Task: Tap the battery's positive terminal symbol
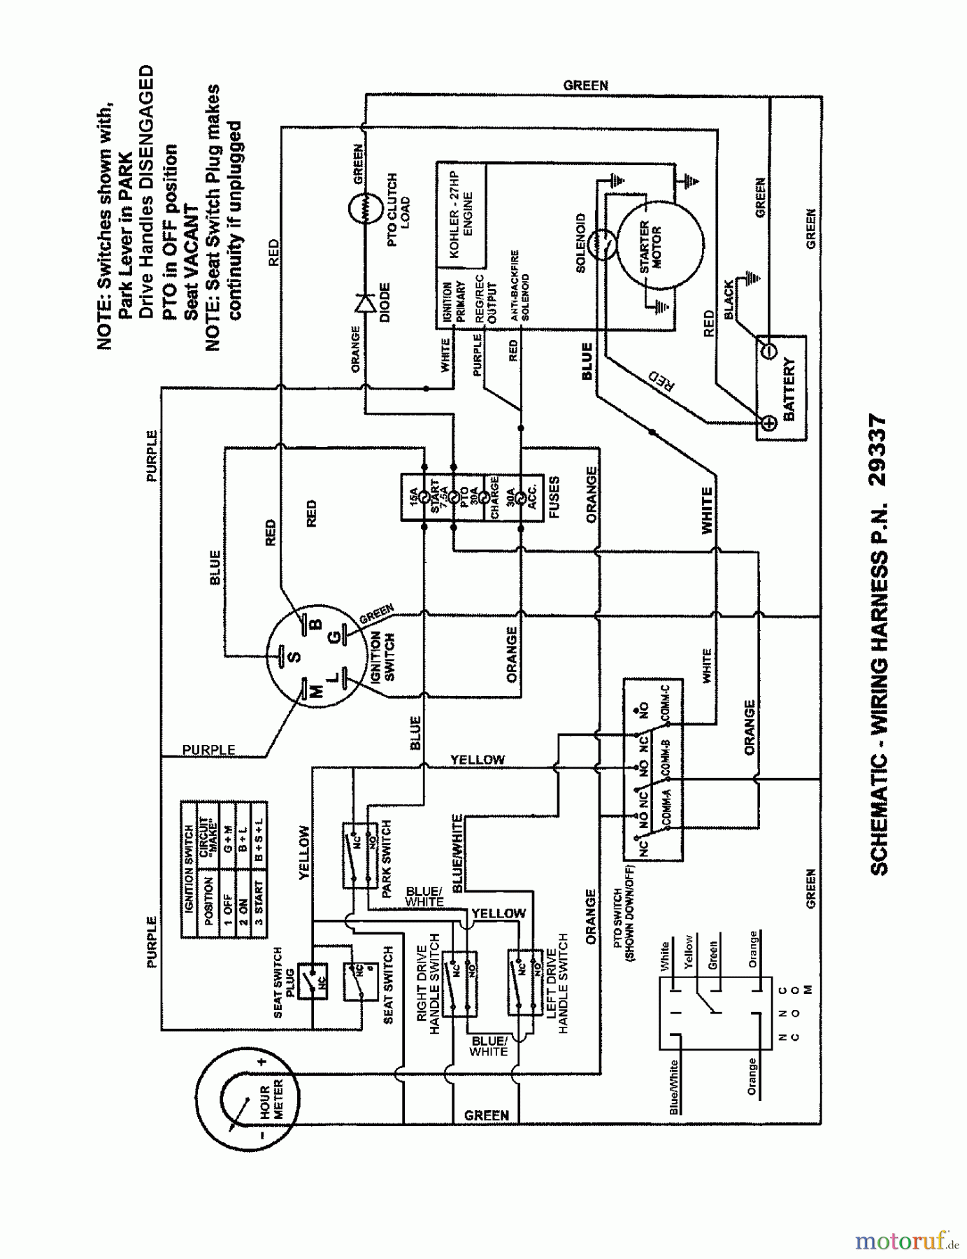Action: tap(768, 422)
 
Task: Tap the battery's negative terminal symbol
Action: tap(768, 350)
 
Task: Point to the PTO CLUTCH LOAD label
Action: tap(398, 210)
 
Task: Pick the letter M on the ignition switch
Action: tap(315, 692)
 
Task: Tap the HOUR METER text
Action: tap(271, 1100)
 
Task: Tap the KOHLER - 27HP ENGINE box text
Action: tap(461, 216)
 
